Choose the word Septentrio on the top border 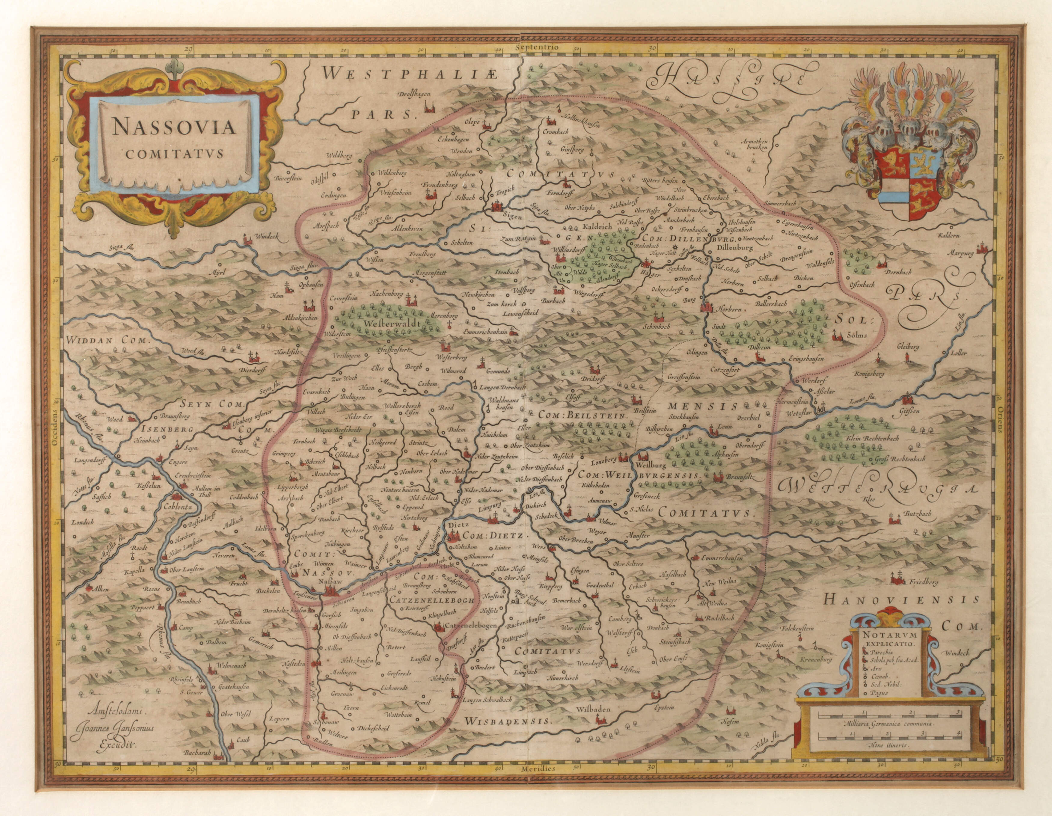tap(536, 47)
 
